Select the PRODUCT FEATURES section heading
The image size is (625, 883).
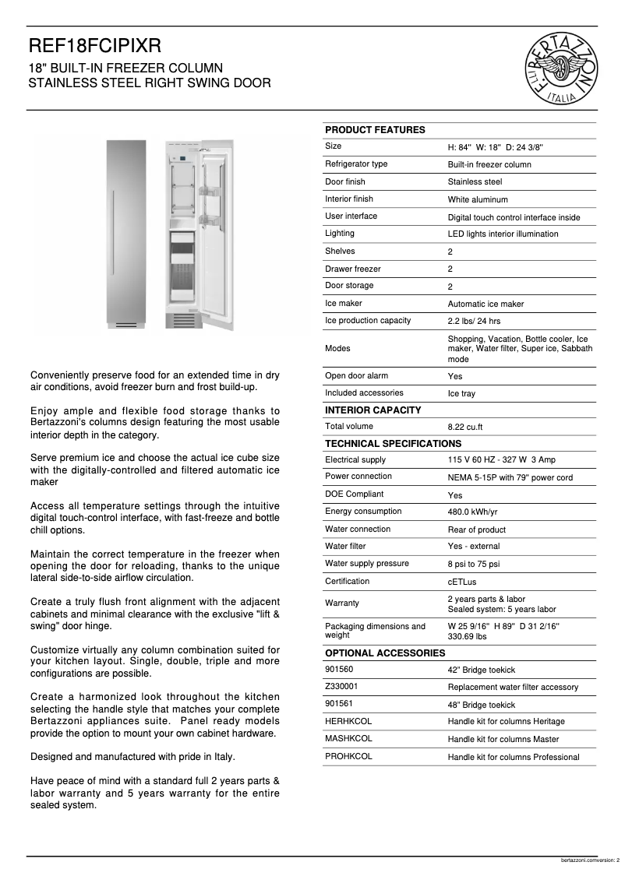click(x=375, y=130)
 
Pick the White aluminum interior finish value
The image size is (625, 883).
click(x=478, y=200)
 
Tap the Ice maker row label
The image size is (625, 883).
click(x=344, y=304)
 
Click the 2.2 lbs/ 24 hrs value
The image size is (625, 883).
click(x=474, y=322)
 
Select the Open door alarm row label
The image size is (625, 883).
click(x=356, y=376)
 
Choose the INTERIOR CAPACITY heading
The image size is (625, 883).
click(x=373, y=410)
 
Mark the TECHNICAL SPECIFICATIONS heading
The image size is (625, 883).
click(x=393, y=444)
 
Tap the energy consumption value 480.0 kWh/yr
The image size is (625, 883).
click(x=472, y=512)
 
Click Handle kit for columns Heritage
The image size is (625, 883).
click(x=506, y=722)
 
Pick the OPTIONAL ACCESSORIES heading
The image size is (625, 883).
click(x=384, y=653)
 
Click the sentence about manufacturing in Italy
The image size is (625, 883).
click(x=132, y=756)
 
